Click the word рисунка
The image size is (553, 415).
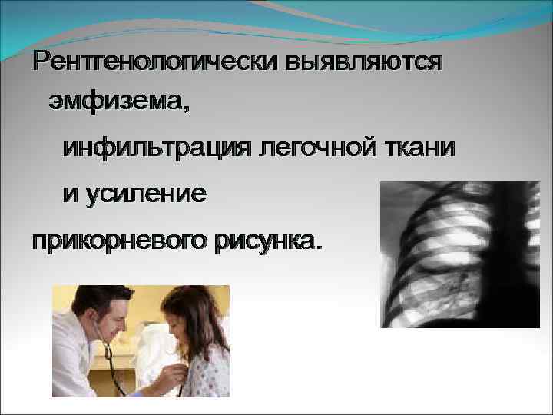pyautogui.click(x=264, y=242)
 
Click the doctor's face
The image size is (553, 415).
pyautogui.click(x=111, y=323)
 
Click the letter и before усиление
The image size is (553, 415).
pyautogui.click(x=70, y=194)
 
